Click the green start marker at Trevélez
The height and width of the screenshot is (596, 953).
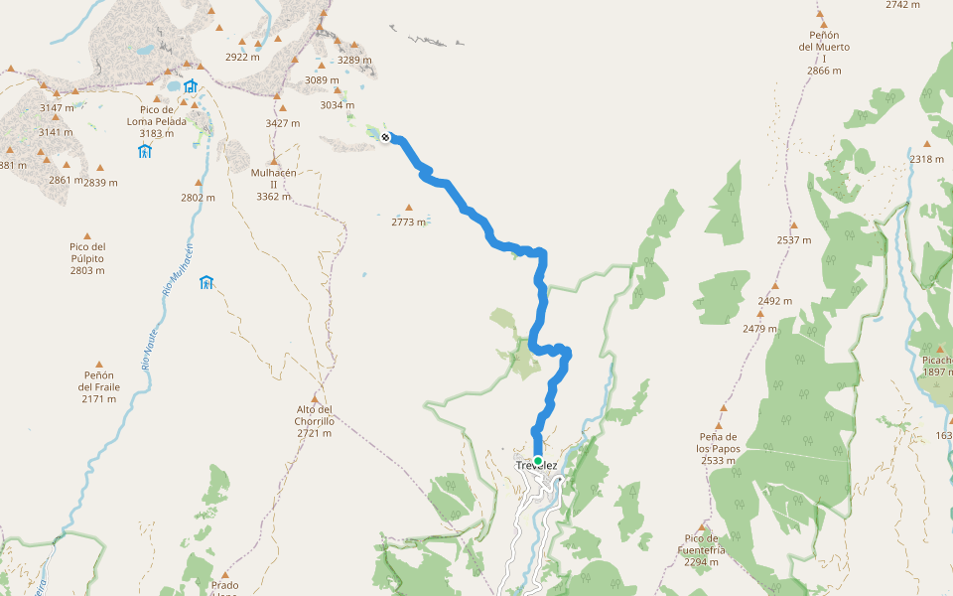point(538,461)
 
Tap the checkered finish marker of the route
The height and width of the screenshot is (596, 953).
point(385,137)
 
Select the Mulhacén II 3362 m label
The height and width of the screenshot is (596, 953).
point(272,184)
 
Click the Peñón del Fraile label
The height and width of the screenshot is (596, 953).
point(98,386)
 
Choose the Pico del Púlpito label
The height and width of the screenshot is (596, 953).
point(87,258)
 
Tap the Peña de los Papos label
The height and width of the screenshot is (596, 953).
point(719,449)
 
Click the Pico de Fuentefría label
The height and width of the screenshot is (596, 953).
point(702,550)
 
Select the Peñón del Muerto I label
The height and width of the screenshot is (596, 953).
point(823,53)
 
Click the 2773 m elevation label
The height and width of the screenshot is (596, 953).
point(408,222)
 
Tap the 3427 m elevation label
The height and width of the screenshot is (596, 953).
point(283,122)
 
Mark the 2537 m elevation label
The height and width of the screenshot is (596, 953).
point(794,240)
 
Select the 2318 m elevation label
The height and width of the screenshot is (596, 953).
point(926,159)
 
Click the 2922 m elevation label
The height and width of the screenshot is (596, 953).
point(243,58)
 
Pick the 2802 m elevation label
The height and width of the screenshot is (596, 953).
point(198,198)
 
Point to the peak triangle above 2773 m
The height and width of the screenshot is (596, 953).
point(408,208)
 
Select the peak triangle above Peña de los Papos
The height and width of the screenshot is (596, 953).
point(722,408)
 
